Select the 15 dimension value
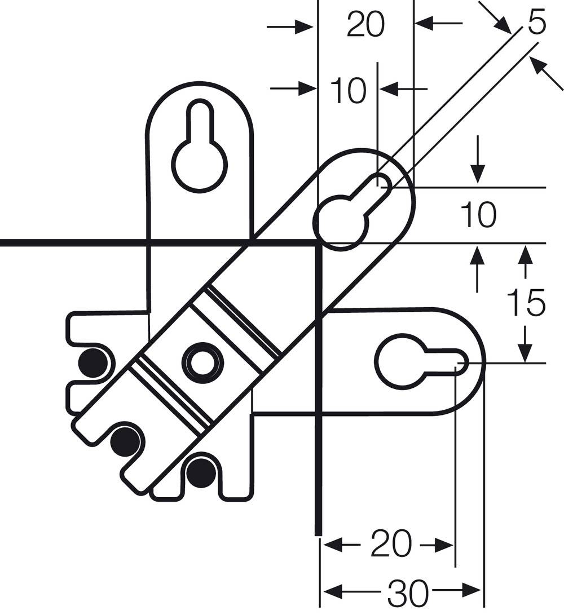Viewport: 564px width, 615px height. [526, 303]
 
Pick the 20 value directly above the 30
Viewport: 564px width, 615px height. [391, 545]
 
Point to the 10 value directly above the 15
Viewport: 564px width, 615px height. [478, 215]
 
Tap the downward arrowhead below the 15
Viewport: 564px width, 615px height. [526, 349]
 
